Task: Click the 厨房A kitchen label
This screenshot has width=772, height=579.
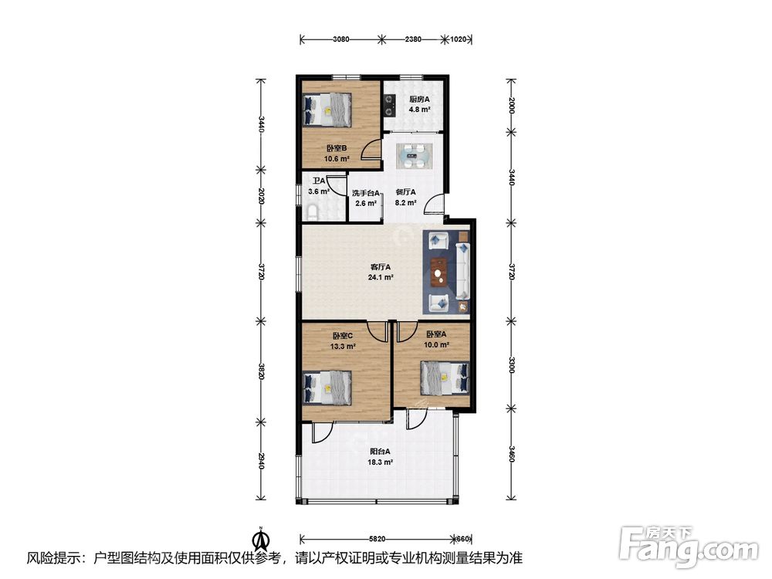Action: tap(419, 99)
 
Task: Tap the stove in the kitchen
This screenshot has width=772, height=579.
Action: tap(390, 105)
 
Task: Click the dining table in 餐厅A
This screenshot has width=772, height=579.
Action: tap(415, 157)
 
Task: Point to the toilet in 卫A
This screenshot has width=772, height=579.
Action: tap(312, 212)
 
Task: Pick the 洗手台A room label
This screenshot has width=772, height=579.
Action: tap(365, 194)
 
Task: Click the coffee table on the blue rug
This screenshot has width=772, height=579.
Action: tap(438, 273)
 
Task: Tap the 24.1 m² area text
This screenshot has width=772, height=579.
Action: tap(381, 277)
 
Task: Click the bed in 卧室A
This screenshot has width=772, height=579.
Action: tap(445, 378)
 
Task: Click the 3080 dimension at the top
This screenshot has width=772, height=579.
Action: tap(340, 39)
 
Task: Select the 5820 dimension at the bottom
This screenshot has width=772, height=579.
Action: tap(377, 539)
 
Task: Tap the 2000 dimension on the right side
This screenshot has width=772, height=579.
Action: tap(512, 105)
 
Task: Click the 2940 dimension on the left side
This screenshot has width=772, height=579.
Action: tap(262, 460)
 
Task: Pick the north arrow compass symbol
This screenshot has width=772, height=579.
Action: tap(261, 540)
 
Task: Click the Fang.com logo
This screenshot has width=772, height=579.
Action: tap(689, 546)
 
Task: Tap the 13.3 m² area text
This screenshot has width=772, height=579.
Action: tap(343, 346)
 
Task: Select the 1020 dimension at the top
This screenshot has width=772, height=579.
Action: tap(459, 39)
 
